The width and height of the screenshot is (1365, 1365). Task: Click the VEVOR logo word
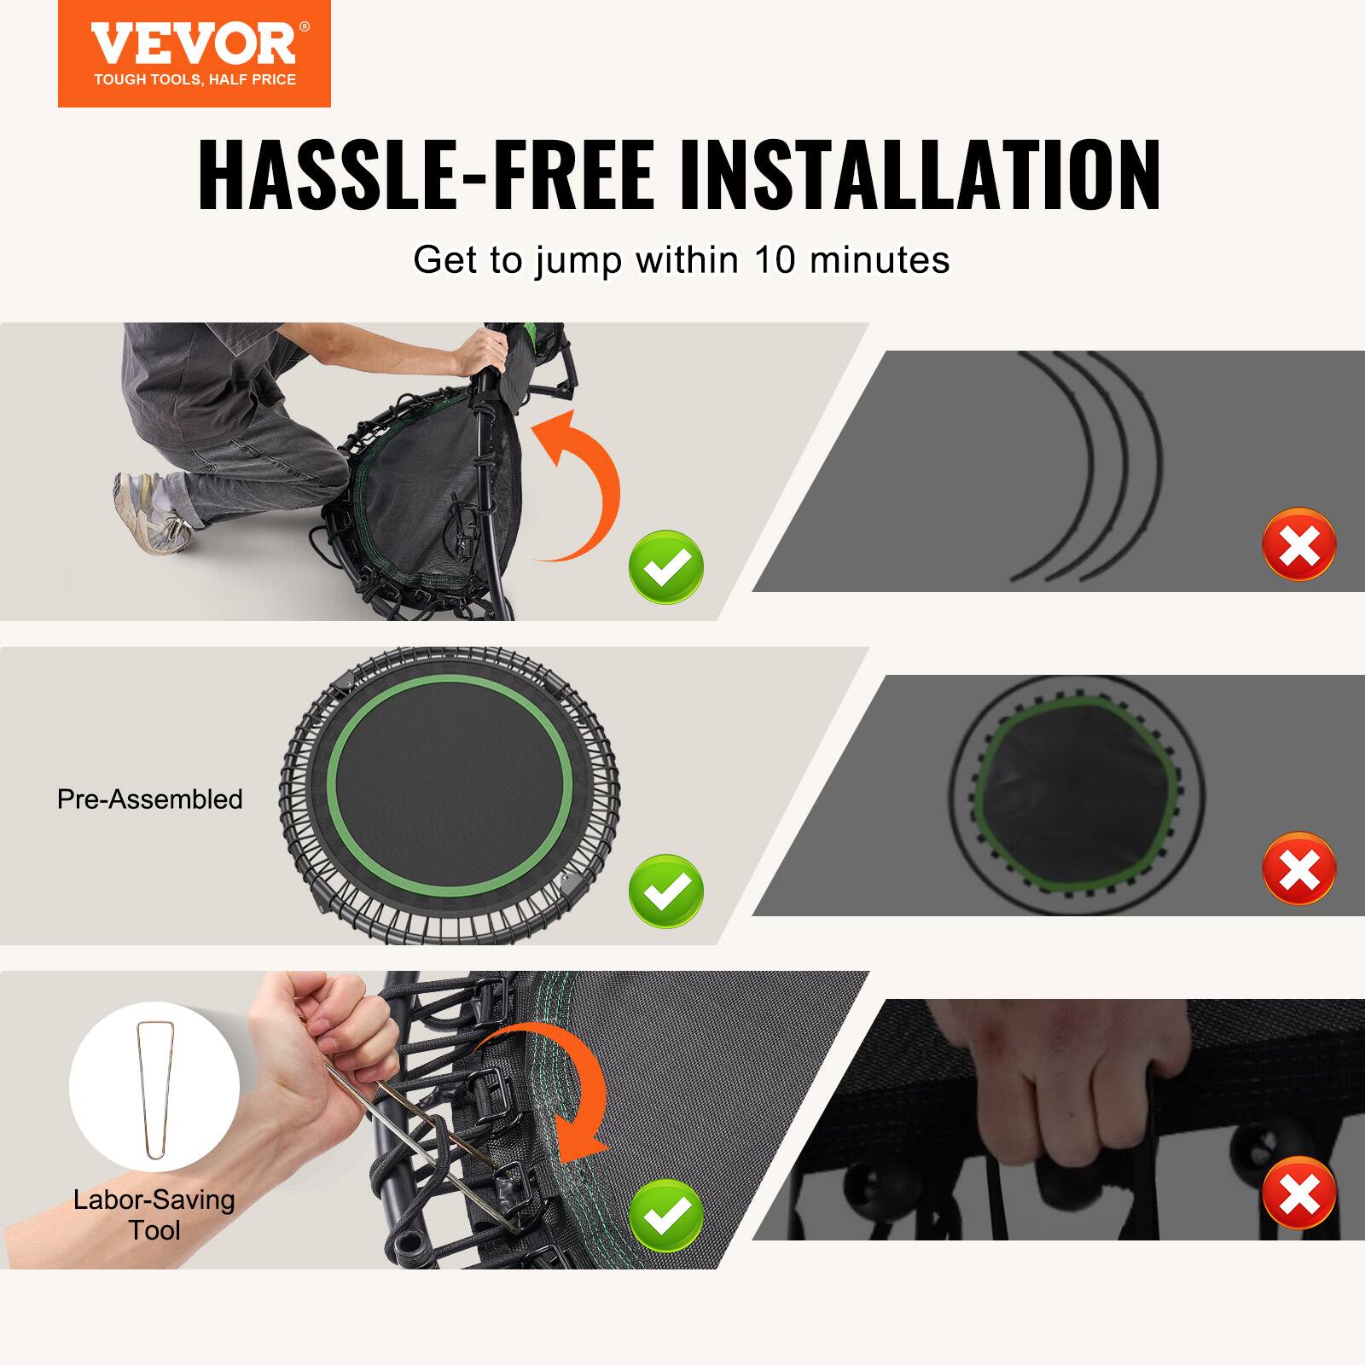(x=194, y=44)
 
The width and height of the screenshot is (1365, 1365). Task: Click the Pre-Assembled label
(x=150, y=799)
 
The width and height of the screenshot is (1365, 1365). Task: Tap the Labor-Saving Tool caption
(x=154, y=1215)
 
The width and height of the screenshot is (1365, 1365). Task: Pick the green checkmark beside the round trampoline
(x=666, y=891)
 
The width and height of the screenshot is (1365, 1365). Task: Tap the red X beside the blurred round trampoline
(x=1298, y=869)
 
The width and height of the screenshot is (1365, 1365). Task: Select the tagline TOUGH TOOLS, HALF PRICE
(x=195, y=80)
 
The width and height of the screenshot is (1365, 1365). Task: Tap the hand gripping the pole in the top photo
(x=482, y=350)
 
